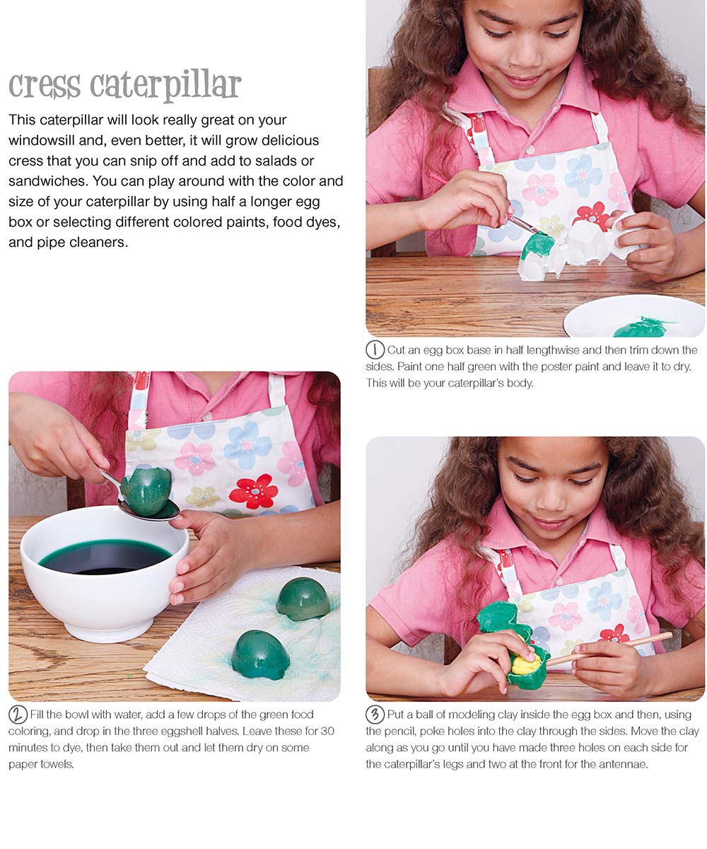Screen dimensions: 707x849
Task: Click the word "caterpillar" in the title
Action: point(165,86)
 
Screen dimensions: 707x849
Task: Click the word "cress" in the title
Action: point(45,86)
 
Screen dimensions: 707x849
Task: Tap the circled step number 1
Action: point(375,350)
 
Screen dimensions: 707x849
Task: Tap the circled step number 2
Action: point(18,715)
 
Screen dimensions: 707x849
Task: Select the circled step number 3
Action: point(375,715)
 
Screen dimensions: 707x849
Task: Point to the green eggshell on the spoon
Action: point(146,491)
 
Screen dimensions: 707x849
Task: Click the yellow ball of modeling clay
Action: point(525,666)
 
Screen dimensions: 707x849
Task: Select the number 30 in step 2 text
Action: point(327,731)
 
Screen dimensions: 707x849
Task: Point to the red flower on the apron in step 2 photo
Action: point(254,491)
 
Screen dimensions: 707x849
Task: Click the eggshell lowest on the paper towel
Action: point(260,654)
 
